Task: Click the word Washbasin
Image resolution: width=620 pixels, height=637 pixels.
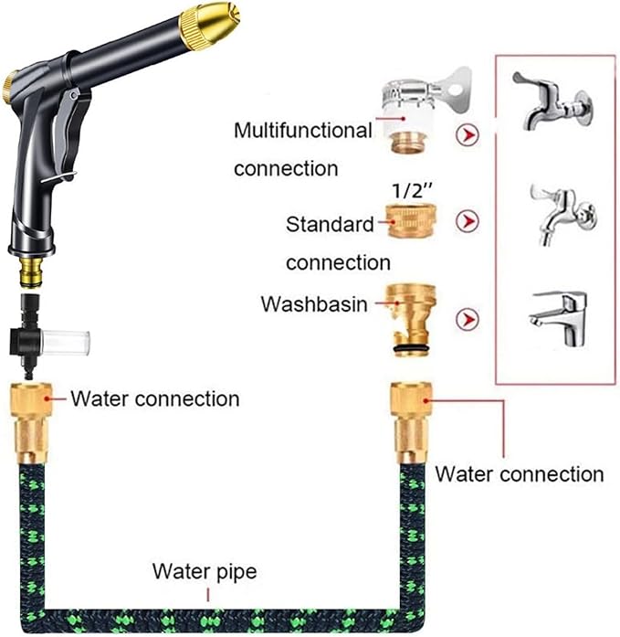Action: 313,303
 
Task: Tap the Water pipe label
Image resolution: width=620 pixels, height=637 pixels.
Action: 204,573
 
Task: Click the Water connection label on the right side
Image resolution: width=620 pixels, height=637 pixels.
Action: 519,474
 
